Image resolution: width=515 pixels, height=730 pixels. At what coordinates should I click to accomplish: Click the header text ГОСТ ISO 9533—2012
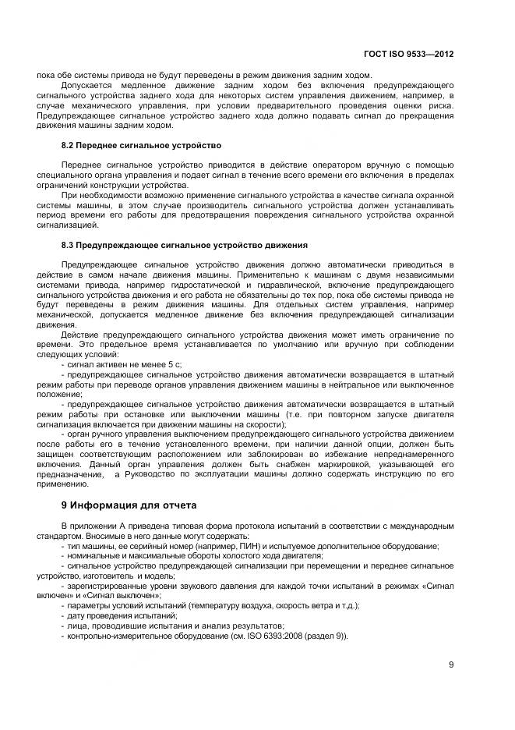[x=408, y=55]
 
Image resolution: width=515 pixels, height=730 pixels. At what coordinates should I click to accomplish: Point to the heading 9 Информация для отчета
[x=129, y=505]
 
